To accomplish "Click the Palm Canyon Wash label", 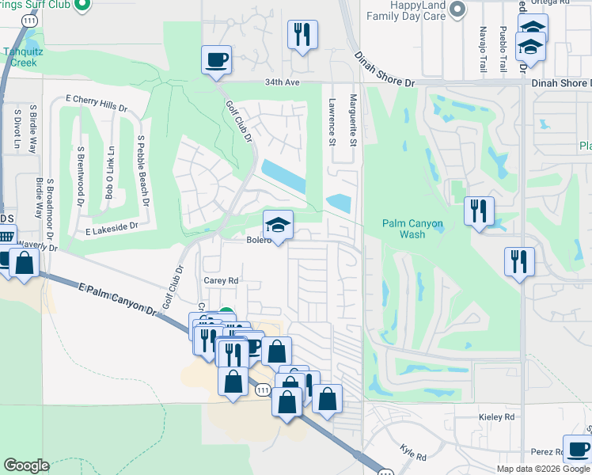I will click(x=412, y=229).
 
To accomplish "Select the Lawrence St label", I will click(x=332, y=122).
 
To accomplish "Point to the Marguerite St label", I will click(x=354, y=122).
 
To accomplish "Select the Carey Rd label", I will click(x=221, y=280).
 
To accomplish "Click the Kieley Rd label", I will click(x=497, y=416).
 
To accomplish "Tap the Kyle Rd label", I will click(x=413, y=452).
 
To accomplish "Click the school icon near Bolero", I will click(x=278, y=224).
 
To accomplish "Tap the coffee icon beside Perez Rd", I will click(x=577, y=450).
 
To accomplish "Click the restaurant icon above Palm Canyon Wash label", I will click(x=479, y=211).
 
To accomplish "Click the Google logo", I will click(x=26, y=465).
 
